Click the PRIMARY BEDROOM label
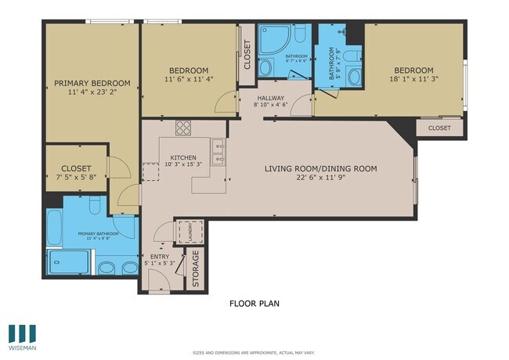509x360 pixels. (x=87, y=83)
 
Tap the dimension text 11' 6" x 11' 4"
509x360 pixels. (x=188, y=79)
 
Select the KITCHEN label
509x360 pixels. (x=183, y=157)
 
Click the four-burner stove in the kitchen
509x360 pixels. (x=184, y=128)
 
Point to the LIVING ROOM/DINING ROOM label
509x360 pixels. (x=320, y=168)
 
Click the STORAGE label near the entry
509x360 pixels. (x=196, y=268)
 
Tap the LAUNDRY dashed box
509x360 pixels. (x=188, y=232)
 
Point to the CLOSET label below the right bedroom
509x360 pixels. (x=439, y=128)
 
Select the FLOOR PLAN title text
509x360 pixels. (x=254, y=303)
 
